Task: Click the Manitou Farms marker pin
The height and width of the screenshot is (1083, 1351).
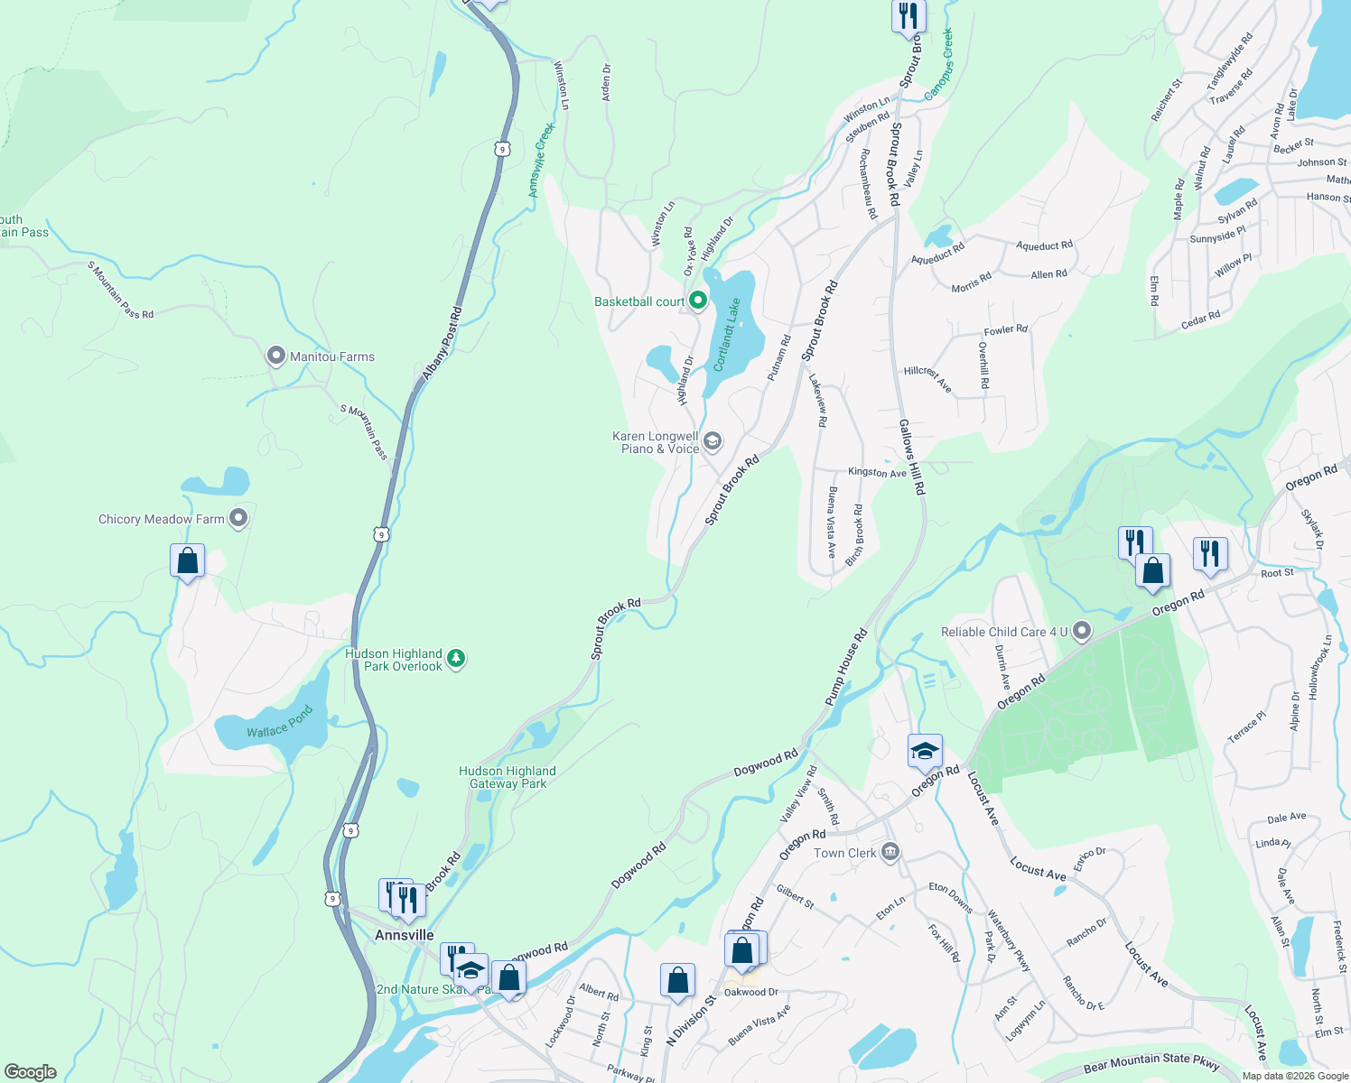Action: pos(276,356)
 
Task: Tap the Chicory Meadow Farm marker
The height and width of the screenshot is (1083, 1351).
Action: pos(238,518)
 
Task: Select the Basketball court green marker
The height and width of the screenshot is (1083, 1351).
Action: pos(697,301)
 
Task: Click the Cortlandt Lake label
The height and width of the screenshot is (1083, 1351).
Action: pos(728,335)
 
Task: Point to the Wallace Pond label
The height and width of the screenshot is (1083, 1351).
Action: pos(279,722)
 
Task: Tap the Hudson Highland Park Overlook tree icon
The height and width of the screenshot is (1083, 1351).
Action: pos(457,658)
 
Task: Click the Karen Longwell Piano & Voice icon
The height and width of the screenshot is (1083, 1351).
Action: pos(713,440)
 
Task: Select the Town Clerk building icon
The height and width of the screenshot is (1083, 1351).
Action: pos(890,852)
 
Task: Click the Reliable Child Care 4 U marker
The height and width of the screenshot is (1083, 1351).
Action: pos(1082,632)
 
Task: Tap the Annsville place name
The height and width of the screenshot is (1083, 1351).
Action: pos(405,935)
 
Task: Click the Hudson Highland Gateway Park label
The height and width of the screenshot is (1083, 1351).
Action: pos(508,777)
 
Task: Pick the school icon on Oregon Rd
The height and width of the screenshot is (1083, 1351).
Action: pos(925,751)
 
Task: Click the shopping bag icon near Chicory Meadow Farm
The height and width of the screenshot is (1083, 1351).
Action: pos(187,561)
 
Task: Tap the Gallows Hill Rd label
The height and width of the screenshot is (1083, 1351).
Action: pos(911,457)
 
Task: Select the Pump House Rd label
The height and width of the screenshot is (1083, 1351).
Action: pos(845,667)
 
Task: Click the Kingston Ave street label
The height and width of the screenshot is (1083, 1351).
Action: pos(877,472)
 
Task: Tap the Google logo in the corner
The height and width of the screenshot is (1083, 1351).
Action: pos(30,1071)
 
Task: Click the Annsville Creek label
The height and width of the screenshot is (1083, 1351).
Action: pos(541,160)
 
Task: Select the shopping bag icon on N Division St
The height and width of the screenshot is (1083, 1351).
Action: pos(677,981)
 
